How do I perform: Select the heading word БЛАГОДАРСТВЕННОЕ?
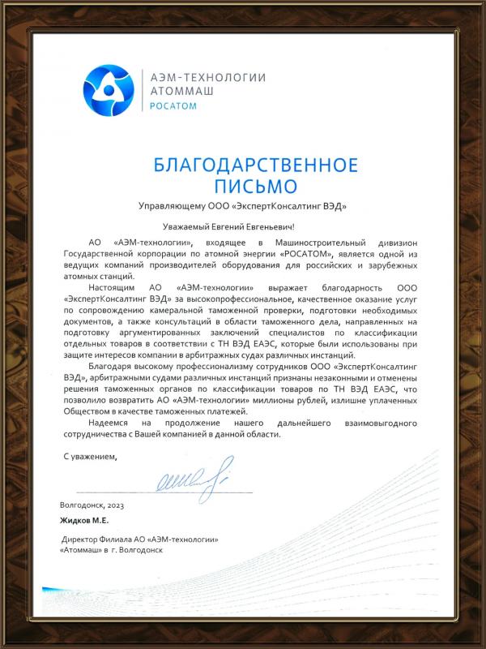[x=255, y=165]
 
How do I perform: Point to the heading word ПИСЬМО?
[x=255, y=186]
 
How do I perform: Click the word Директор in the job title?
[x=83, y=539]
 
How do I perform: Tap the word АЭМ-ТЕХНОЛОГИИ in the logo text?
[x=208, y=76]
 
